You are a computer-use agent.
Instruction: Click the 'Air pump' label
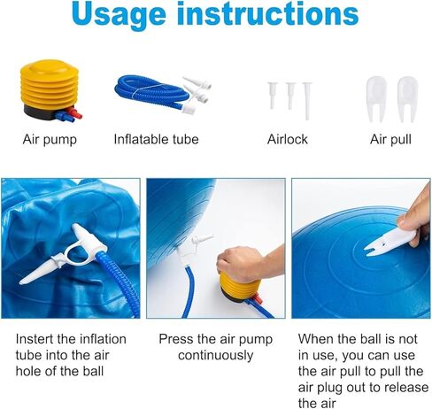(x=50, y=139)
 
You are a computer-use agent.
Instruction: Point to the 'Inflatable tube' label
(x=156, y=139)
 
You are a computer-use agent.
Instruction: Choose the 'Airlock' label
(x=289, y=139)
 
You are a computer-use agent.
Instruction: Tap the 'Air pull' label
(x=390, y=139)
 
